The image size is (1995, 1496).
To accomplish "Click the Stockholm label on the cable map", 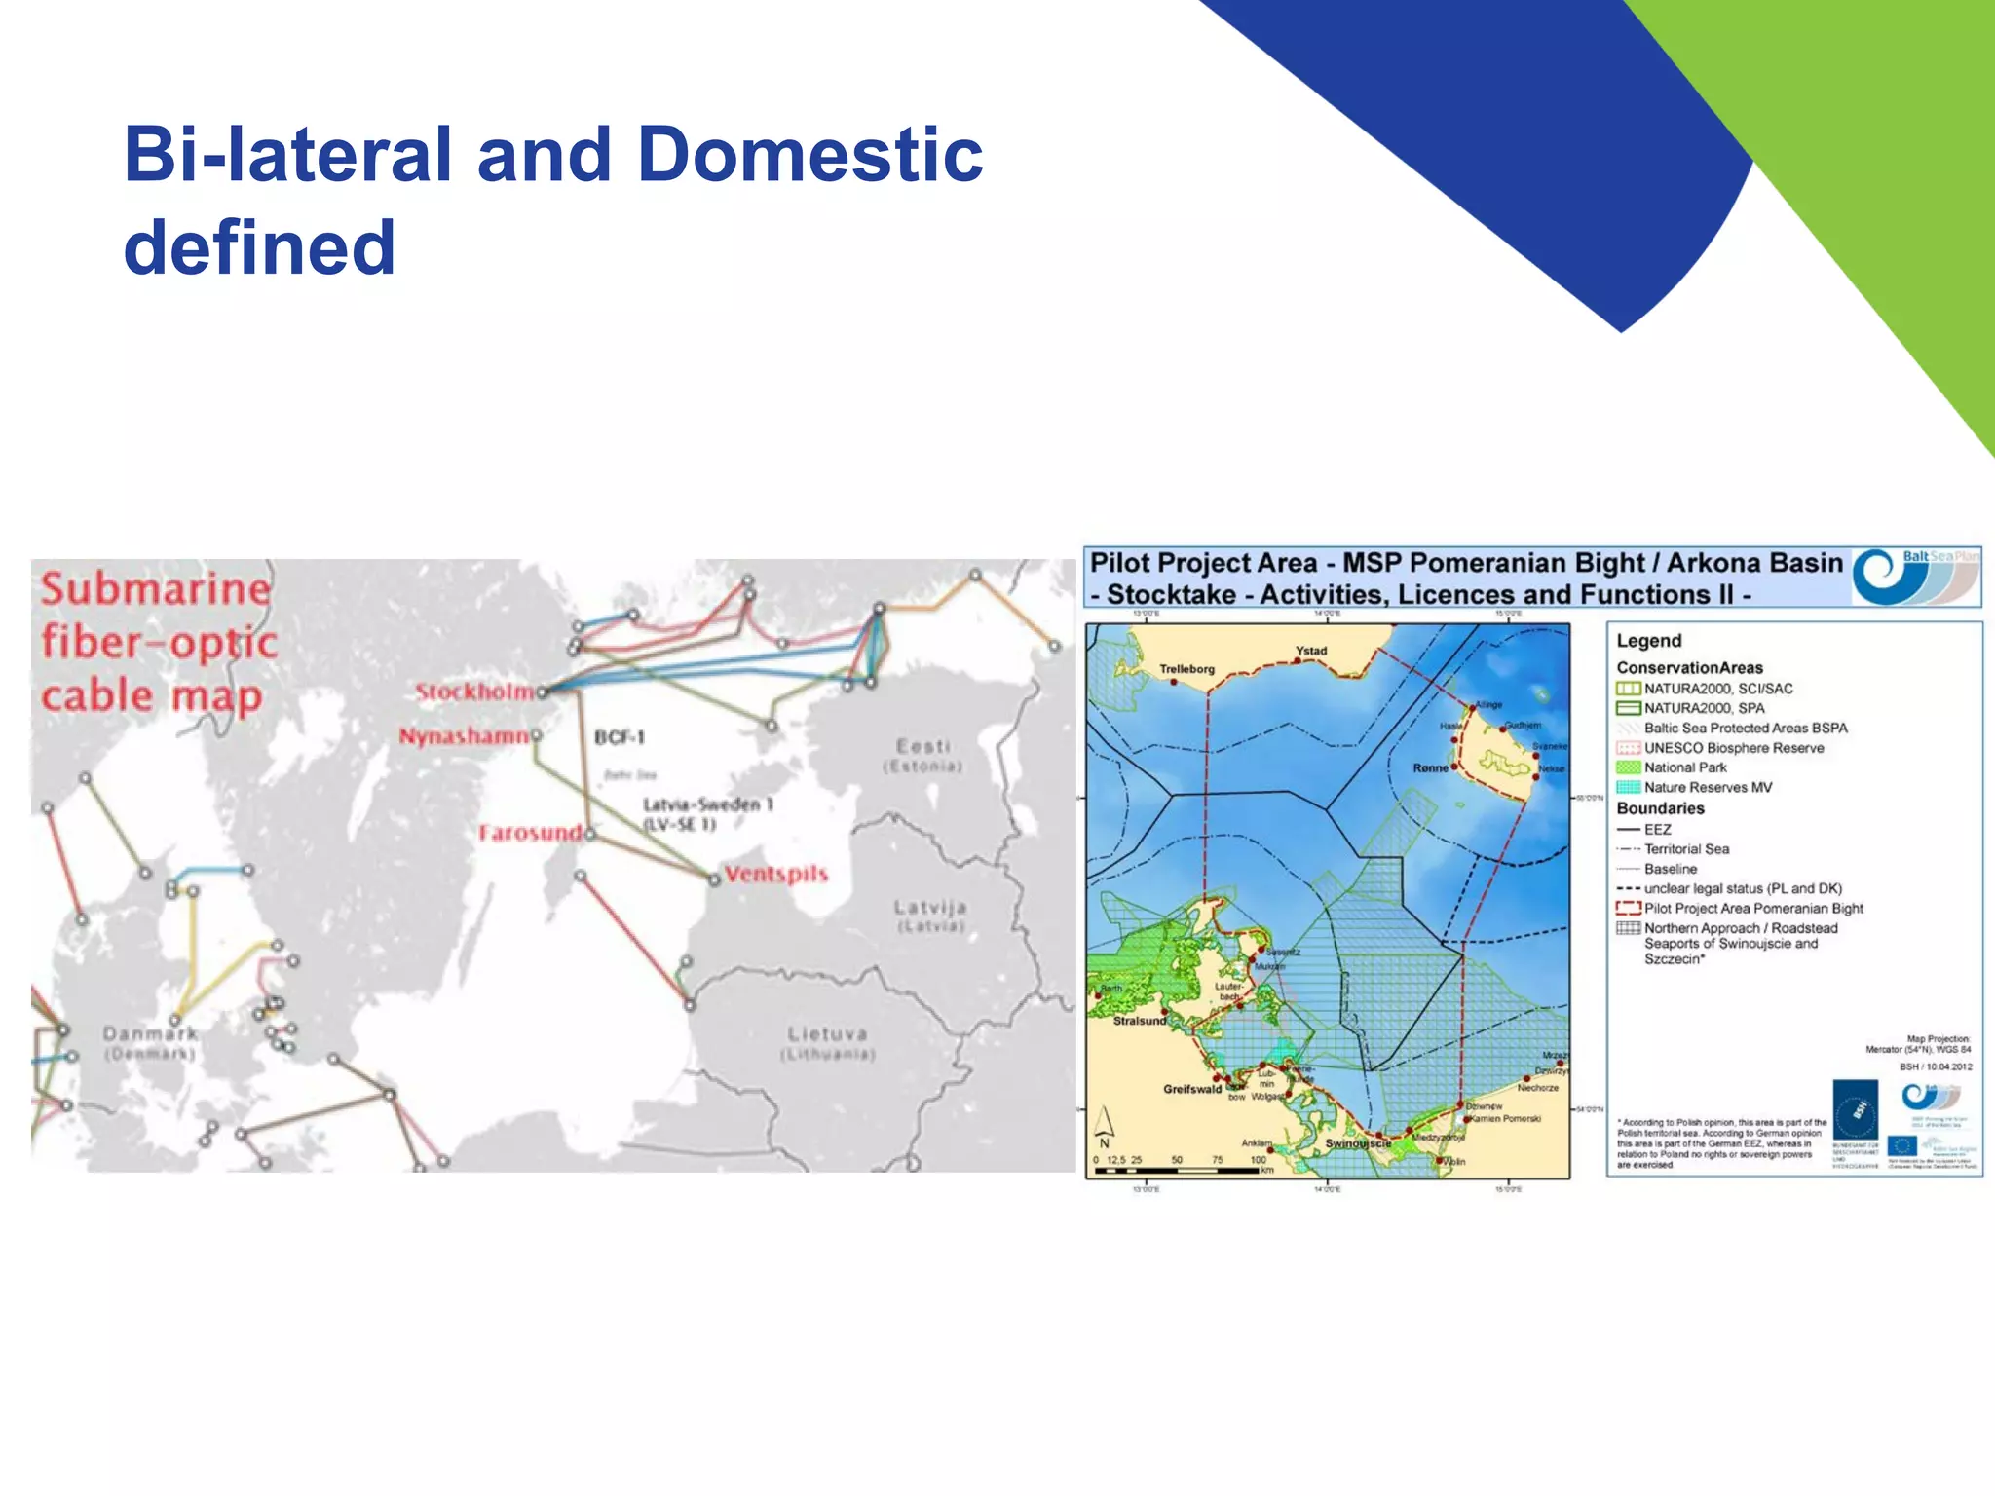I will click(474, 692).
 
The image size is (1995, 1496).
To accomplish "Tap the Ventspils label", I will click(775, 874).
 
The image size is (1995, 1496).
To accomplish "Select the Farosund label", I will click(530, 833).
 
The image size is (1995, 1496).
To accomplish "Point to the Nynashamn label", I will click(463, 736).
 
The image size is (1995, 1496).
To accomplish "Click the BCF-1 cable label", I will click(620, 737).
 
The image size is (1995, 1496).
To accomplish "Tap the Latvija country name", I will click(930, 908).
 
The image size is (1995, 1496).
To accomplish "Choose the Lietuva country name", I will click(827, 1033).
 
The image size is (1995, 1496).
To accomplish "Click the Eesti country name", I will click(922, 746).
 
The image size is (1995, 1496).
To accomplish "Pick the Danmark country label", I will click(150, 1033).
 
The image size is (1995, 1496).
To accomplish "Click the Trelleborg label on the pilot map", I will click(1186, 669).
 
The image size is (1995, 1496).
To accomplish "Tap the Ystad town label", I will click(1311, 651).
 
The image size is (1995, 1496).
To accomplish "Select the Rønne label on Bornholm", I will click(1430, 768).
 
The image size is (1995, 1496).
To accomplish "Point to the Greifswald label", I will click(1191, 1089).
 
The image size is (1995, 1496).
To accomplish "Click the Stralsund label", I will click(1140, 1021).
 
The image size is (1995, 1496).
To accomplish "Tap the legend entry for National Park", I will click(1685, 767).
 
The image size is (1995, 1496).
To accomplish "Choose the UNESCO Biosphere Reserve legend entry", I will click(1734, 748).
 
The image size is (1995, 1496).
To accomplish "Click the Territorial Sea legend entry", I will click(1687, 849).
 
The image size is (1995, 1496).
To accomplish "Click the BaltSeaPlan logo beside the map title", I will click(1915, 577).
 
